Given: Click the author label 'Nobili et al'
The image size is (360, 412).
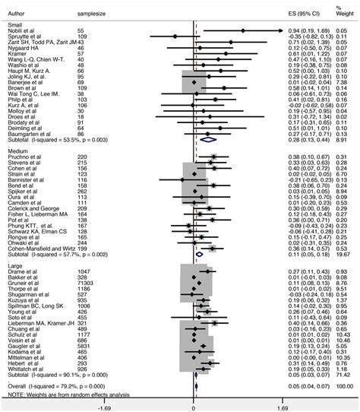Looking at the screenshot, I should click(21, 29).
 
